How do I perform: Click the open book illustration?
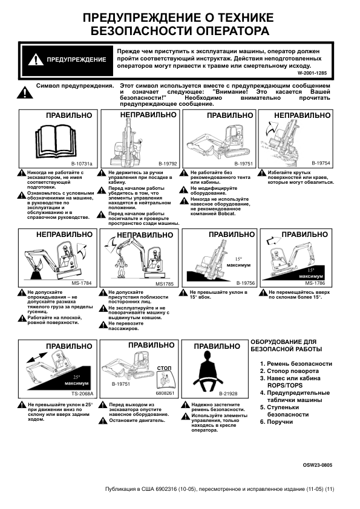click(57, 141)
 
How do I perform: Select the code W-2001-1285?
click(312, 73)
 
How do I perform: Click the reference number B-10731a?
click(82, 164)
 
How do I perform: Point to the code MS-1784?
click(81, 283)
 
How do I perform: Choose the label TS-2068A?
click(82, 394)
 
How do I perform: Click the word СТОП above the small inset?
click(164, 368)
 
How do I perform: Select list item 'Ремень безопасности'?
click(296, 364)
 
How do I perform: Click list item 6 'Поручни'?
click(277, 422)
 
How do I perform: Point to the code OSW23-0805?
click(318, 465)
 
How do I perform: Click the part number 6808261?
click(165, 393)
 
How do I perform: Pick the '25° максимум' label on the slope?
click(76, 380)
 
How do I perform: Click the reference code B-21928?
click(228, 394)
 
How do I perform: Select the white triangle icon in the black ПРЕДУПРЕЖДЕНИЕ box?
click(36, 60)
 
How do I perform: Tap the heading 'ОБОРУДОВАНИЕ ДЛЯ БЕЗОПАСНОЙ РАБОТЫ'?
click(286, 345)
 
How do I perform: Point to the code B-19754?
click(321, 163)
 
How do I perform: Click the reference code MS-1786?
click(315, 283)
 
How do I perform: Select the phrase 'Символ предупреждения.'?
click(75, 86)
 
